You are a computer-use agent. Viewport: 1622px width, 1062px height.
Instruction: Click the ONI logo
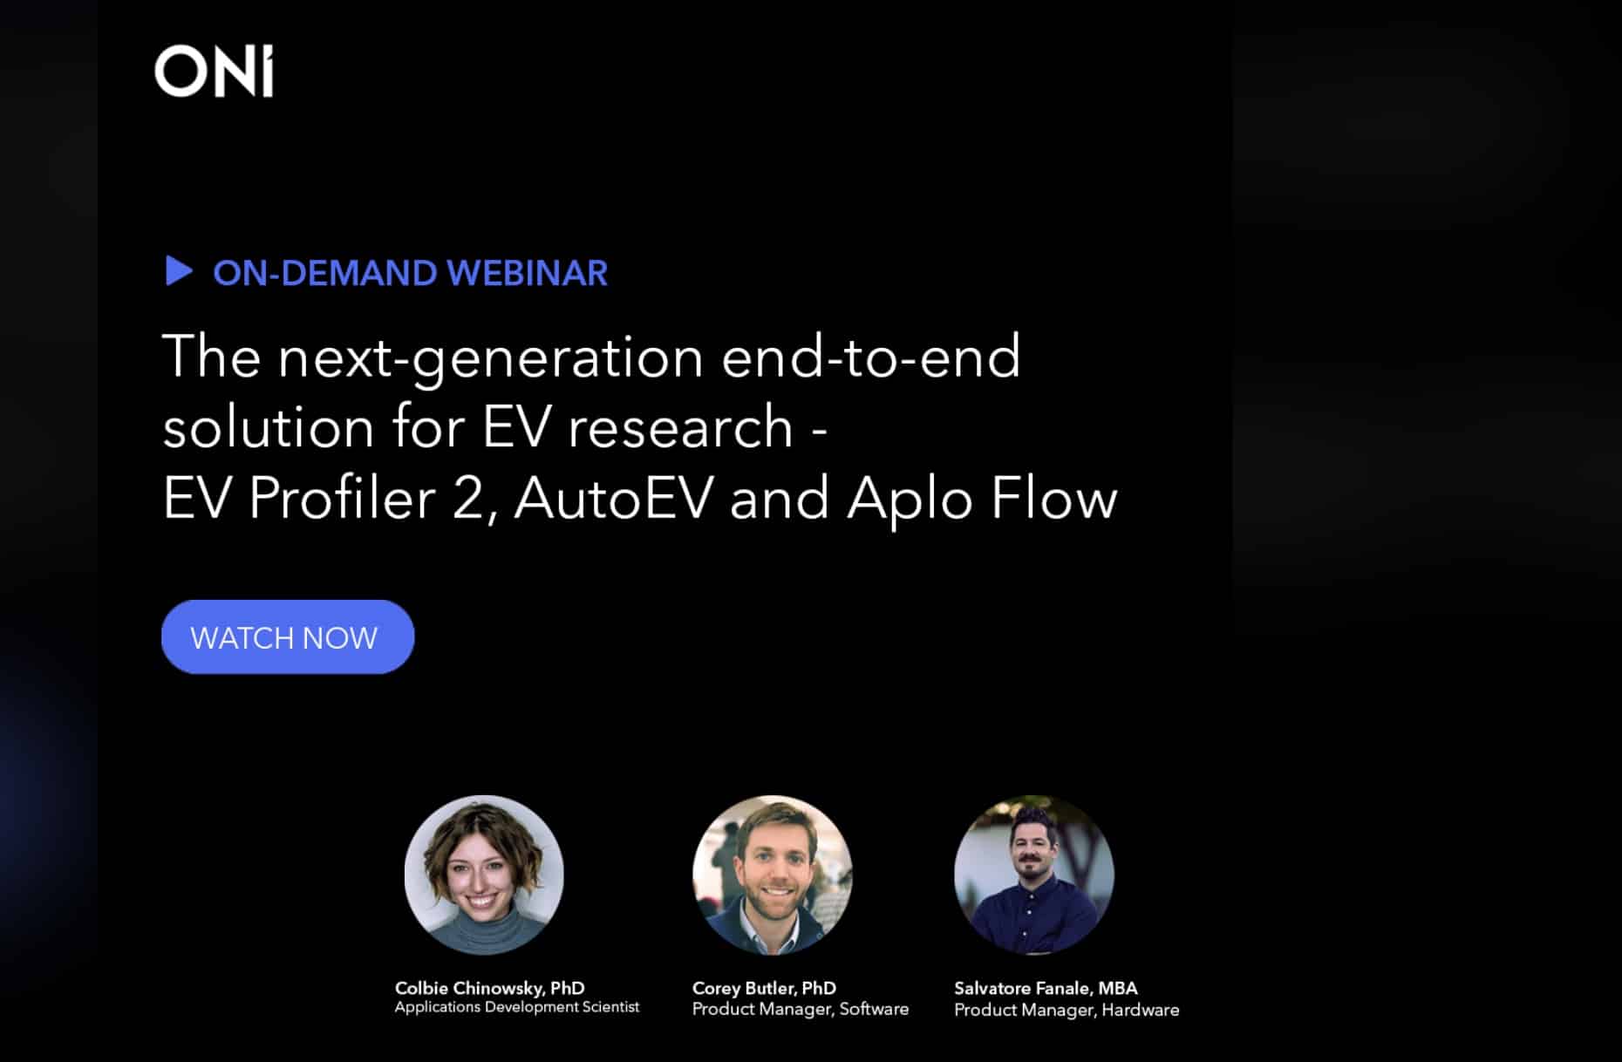pyautogui.click(x=214, y=71)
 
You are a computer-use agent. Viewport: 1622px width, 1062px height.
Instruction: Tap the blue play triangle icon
pyautogui.click(x=178, y=271)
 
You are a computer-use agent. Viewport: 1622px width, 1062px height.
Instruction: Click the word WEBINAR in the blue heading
pyautogui.click(x=527, y=273)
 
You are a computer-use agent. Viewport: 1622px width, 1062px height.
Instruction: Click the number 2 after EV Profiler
pyautogui.click(x=467, y=499)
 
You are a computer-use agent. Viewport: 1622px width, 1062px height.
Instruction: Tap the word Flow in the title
pyautogui.click(x=1053, y=499)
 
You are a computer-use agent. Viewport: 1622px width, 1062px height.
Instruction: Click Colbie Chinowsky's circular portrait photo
pyautogui.click(x=484, y=874)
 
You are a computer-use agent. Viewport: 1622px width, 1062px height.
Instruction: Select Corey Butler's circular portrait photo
pyautogui.click(x=772, y=874)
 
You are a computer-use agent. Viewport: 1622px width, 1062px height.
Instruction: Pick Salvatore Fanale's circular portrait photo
pyautogui.click(x=1033, y=874)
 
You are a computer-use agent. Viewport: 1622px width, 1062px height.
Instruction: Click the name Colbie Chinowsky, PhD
pyautogui.click(x=489, y=988)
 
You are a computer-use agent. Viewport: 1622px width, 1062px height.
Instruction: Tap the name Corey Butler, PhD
pyautogui.click(x=764, y=988)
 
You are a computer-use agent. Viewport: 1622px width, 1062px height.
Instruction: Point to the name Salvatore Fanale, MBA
pyautogui.click(x=1046, y=988)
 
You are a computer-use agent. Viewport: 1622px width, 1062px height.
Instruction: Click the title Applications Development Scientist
pyautogui.click(x=516, y=1007)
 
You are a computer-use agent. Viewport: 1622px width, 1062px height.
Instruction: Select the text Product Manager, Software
pyautogui.click(x=800, y=1009)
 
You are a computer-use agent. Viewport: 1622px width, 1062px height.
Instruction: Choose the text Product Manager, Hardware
pyautogui.click(x=1066, y=1010)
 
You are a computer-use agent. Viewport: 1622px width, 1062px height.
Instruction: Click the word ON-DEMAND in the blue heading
pyautogui.click(x=324, y=273)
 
